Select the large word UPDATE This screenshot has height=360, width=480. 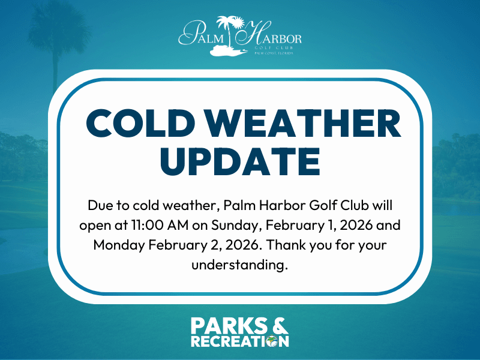[240, 161]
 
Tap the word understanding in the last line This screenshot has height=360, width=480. [240, 265]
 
